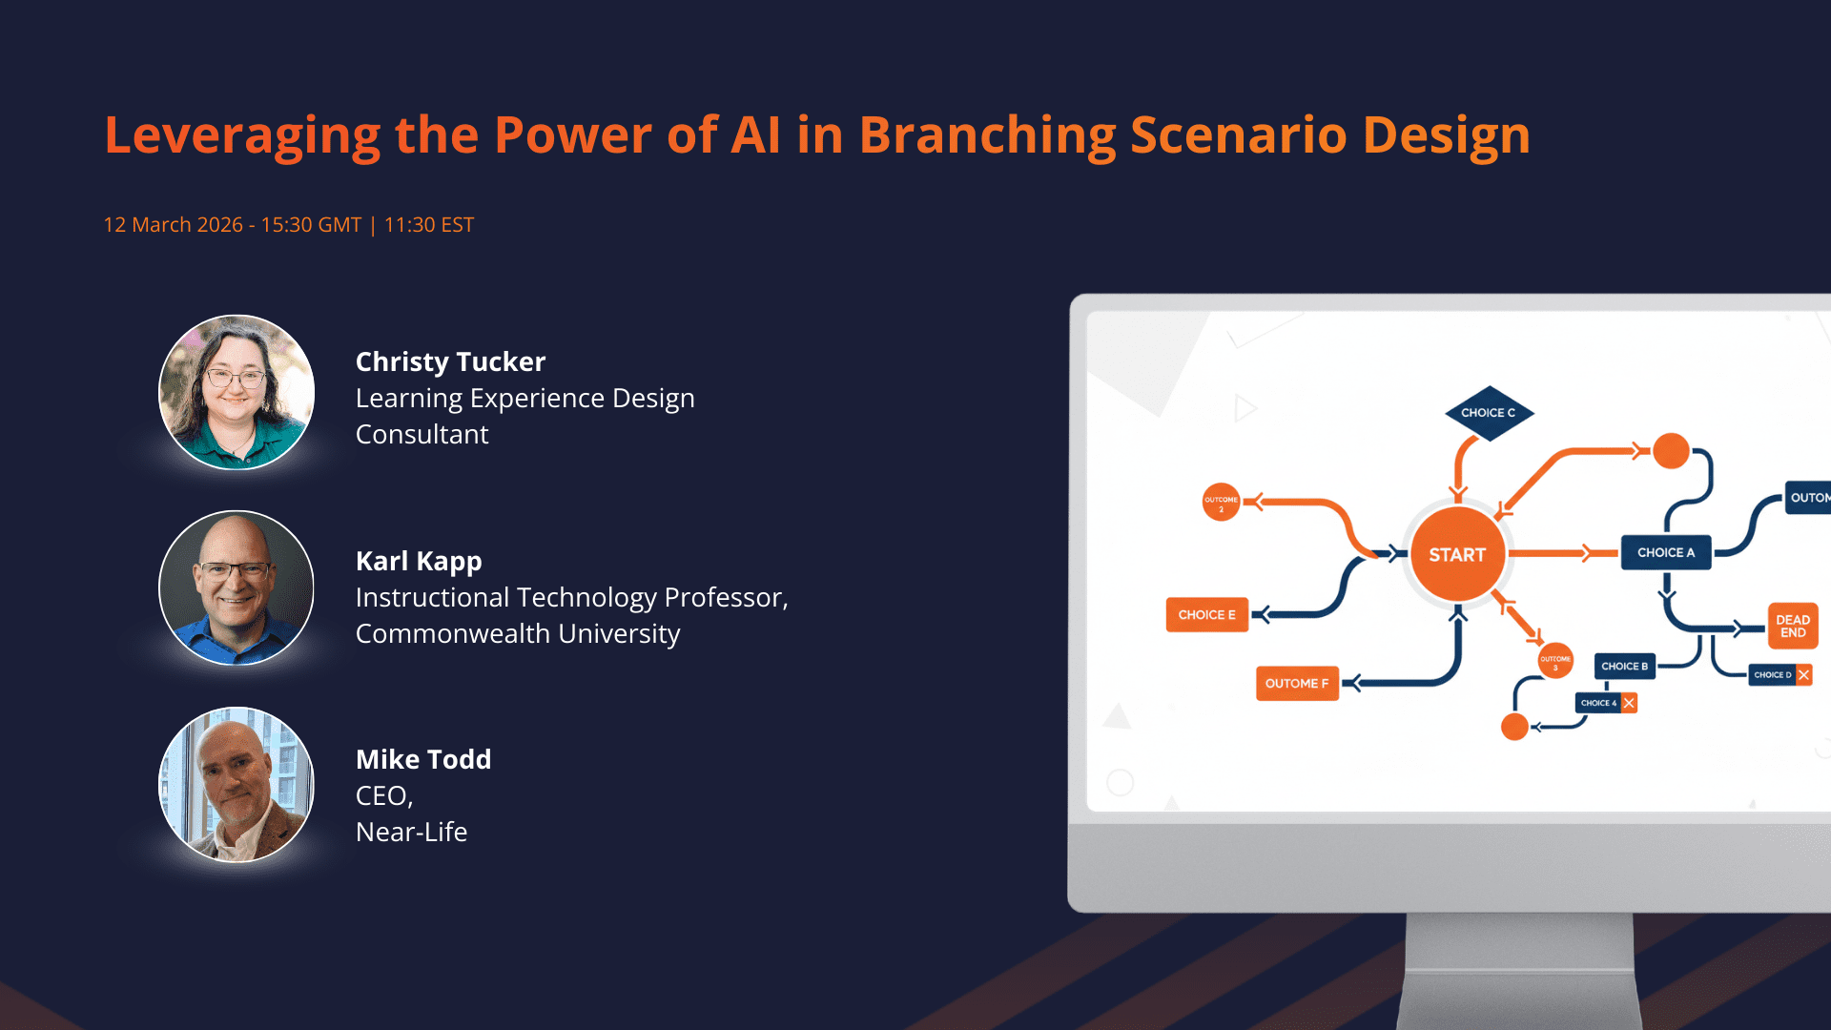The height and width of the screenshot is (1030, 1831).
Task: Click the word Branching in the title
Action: [x=987, y=135]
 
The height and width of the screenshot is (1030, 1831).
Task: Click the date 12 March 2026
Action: [x=173, y=225]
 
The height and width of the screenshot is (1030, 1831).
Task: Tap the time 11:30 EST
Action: [x=428, y=225]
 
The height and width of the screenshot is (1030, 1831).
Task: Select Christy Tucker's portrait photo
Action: [x=237, y=392]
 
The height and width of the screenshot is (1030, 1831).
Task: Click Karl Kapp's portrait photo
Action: [x=237, y=587]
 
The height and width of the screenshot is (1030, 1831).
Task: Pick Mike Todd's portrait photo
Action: [x=237, y=784]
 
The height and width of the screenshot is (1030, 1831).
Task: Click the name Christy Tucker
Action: [x=450, y=361]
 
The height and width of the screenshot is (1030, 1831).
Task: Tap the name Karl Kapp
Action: [x=419, y=561]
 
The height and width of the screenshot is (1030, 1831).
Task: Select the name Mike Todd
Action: [x=423, y=759]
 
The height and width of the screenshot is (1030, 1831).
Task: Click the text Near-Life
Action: [x=411, y=832]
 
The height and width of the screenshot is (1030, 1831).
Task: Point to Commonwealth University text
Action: [x=518, y=633]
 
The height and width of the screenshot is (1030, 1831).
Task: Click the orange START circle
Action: [x=1457, y=554]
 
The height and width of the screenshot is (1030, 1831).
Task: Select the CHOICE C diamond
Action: [x=1488, y=413]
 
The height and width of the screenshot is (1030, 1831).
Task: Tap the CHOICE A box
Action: [x=1665, y=552]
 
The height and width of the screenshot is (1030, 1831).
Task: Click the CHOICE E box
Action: [x=1206, y=615]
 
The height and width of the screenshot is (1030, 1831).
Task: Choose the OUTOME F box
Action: [x=1297, y=683]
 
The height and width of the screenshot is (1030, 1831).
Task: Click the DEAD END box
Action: [x=1793, y=626]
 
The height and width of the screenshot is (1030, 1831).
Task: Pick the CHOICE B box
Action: [x=1624, y=667]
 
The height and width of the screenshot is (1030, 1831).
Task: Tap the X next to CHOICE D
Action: [x=1803, y=674]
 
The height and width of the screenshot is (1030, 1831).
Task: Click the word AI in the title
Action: [x=755, y=135]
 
